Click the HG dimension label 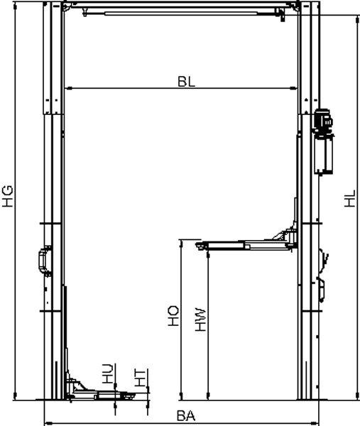(8, 196)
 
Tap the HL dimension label (350, 199)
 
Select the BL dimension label (186, 82)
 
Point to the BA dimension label (186, 415)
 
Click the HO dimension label (173, 316)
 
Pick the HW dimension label (200, 319)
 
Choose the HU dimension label (108, 373)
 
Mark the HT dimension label (140, 378)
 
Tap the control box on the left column (45, 261)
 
